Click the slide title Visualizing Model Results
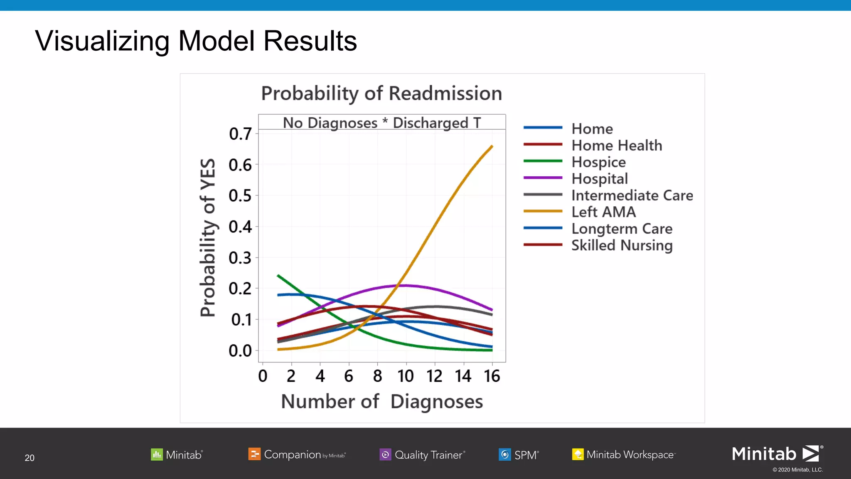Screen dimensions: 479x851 [196, 41]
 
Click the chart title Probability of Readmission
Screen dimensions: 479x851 [381, 93]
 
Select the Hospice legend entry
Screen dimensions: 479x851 [598, 162]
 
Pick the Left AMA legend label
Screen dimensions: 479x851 [603, 212]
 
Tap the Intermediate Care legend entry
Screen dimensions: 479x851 [632, 195]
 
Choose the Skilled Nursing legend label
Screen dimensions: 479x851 [622, 245]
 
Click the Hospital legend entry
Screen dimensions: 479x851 [599, 178]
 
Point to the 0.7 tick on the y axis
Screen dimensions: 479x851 [240, 134]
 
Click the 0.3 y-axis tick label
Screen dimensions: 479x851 [240, 258]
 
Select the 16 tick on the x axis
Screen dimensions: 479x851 [492, 376]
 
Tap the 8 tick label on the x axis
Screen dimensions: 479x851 [377, 376]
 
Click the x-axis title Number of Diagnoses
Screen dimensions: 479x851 [381, 401]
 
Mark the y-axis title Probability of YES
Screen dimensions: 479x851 [208, 237]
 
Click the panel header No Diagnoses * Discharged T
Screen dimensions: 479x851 [381, 123]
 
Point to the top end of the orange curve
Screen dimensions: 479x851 [492, 146]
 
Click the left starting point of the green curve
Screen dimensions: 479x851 [278, 275]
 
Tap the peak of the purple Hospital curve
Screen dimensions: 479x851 [405, 285]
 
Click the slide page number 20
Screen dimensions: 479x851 [30, 458]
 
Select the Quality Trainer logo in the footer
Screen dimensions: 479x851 [422, 454]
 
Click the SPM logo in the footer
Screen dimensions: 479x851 [519, 454]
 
